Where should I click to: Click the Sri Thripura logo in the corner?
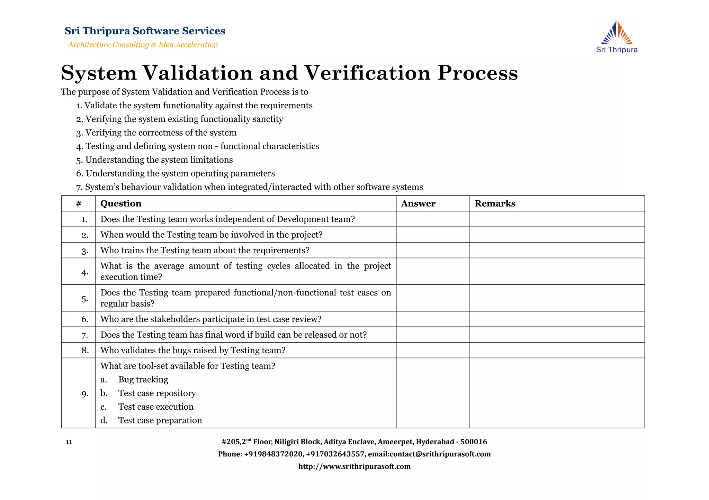617,37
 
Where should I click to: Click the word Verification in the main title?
367,73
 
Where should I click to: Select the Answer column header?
418,203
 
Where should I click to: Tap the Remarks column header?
495,203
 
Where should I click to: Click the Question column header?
121,203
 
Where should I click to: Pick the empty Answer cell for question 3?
433,250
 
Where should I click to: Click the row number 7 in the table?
85,335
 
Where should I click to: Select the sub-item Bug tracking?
143,380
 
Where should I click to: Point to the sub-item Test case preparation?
160,420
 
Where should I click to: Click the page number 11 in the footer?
69,442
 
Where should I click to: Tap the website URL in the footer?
354,466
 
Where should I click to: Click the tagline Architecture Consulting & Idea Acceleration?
143,45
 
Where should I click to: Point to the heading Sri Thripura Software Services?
145,31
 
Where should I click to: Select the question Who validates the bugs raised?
193,351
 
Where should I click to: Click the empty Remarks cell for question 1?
557,219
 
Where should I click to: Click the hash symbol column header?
79,203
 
